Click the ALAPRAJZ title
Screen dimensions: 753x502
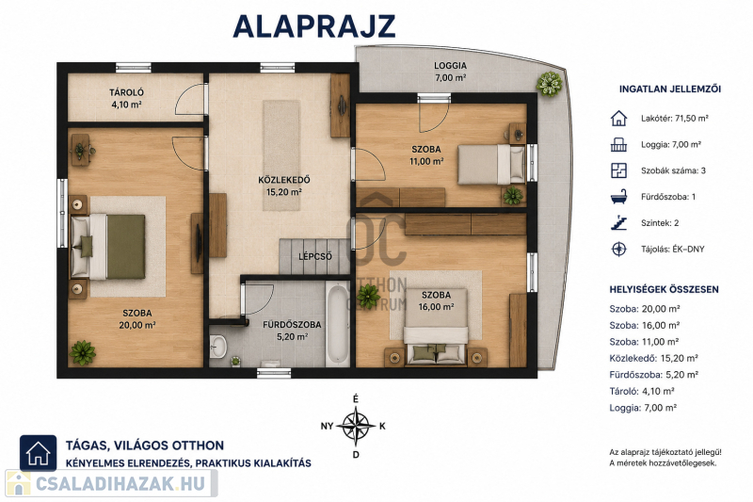coord(314,26)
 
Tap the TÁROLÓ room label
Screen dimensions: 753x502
coord(126,92)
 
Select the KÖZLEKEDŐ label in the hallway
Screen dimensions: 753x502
coord(284,180)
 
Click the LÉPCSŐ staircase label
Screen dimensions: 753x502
coord(315,256)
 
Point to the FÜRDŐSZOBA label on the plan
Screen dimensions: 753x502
coord(292,325)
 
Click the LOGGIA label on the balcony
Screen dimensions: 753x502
coord(451,66)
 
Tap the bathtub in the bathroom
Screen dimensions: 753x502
coord(337,324)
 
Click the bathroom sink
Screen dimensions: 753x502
coord(218,346)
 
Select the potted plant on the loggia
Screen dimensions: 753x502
coord(549,84)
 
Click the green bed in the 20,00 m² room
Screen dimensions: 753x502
coord(108,247)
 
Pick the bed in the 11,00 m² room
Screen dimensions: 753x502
coord(490,164)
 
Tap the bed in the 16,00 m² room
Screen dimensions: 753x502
coord(436,327)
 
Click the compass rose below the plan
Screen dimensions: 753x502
coord(356,426)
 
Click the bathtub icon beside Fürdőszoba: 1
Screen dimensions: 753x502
coord(618,197)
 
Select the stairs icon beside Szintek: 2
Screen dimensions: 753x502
coord(618,223)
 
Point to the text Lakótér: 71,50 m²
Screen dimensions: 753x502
coord(675,118)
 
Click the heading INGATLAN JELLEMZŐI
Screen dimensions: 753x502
coord(670,89)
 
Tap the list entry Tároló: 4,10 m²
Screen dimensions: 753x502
coord(642,391)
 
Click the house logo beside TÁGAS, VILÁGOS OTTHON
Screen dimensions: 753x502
coord(38,453)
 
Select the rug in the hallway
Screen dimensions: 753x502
coord(281,155)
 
